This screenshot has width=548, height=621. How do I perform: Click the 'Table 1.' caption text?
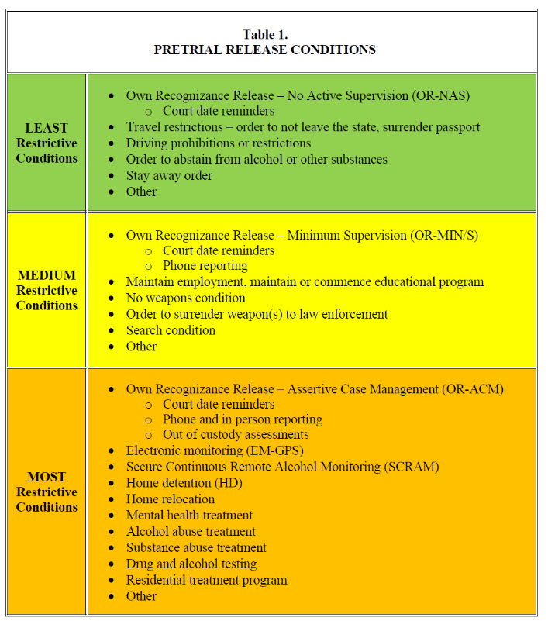click(265, 34)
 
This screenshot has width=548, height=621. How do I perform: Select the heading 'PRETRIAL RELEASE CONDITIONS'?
click(265, 50)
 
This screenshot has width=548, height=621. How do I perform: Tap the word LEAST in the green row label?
click(47, 128)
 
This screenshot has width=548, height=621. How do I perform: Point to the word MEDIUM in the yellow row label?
click(47, 275)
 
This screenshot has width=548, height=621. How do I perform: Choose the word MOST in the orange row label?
click(47, 477)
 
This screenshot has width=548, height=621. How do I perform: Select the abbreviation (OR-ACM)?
click(473, 389)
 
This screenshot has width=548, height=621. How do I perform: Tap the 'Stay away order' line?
click(169, 175)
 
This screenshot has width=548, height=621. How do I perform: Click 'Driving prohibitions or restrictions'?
click(219, 143)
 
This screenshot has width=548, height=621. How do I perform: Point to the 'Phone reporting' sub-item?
click(205, 266)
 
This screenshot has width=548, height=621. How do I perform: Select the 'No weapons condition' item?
click(186, 298)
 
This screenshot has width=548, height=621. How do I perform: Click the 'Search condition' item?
click(171, 330)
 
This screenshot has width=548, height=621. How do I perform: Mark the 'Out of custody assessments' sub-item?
click(236, 434)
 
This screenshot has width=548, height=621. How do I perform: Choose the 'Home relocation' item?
click(171, 499)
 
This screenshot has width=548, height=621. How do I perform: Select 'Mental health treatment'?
click(189, 515)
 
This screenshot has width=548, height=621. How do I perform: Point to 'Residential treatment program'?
click(207, 580)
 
